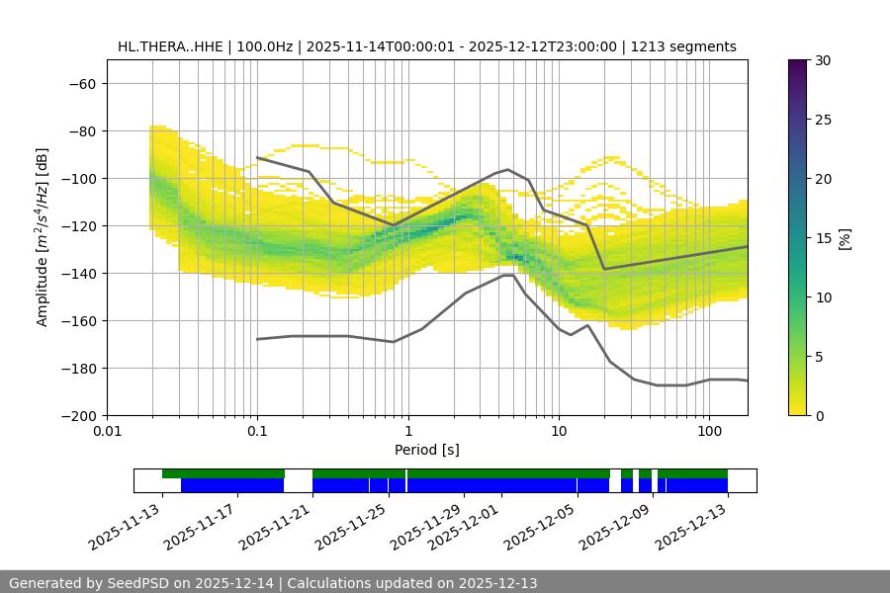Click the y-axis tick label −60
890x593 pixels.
click(81, 84)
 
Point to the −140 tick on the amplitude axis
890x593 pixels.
click(77, 274)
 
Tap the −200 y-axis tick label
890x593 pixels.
click(77, 416)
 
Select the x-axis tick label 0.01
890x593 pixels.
click(107, 432)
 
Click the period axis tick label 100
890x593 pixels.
click(709, 432)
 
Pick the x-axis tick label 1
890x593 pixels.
click(407, 432)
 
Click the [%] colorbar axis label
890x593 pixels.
click(845, 238)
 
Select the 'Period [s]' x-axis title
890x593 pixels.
click(427, 450)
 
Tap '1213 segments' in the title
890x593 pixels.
click(683, 46)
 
